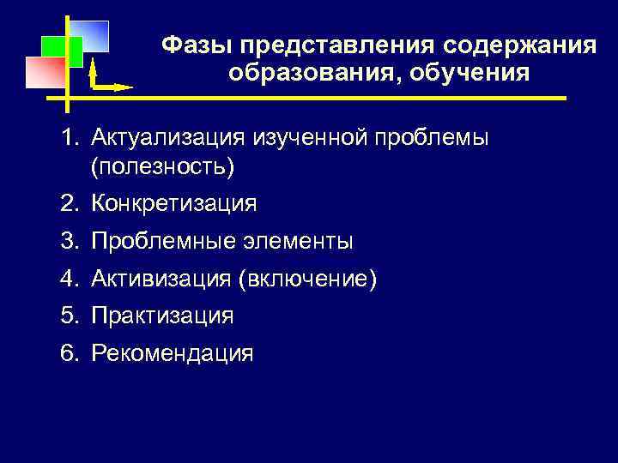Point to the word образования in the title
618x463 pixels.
313,72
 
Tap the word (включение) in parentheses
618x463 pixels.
308,280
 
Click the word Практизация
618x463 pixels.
162,316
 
